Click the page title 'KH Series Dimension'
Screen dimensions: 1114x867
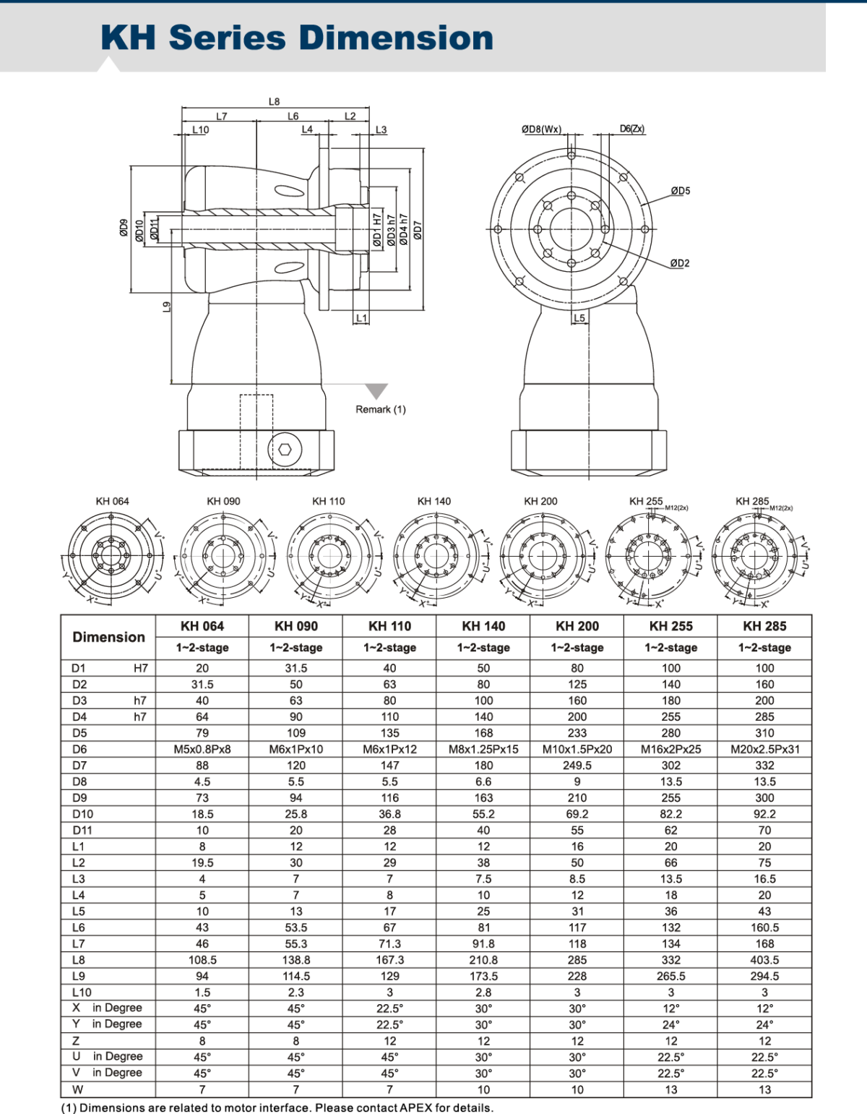296,38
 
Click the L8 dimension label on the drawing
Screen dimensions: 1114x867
274,102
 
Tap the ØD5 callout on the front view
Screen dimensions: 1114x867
680,191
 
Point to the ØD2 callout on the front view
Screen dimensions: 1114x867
679,263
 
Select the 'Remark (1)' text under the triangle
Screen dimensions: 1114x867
380,409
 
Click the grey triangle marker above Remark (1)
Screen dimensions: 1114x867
376,391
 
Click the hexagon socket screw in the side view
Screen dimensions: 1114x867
285,449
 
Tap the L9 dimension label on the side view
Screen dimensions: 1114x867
166,307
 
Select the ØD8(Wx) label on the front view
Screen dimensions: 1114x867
541,129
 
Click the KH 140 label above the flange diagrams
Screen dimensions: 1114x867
433,501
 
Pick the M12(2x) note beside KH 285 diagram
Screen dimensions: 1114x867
780,508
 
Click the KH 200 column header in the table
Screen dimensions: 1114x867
577,626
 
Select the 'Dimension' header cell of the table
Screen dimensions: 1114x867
108,637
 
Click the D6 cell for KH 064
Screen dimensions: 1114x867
202,749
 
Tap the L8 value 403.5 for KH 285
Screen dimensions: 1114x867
764,960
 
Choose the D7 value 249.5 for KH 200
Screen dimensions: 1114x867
577,765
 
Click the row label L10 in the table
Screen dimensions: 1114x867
82,993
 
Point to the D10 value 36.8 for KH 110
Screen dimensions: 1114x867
389,814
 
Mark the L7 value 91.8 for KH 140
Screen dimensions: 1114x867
483,943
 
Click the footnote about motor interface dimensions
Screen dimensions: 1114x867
277,1107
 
